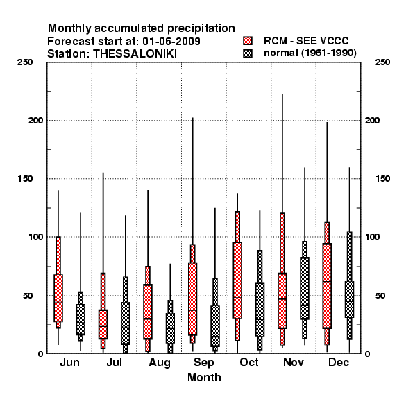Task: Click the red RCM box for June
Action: (x=58, y=298)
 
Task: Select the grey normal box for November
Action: (x=305, y=288)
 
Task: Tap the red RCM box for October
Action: (x=237, y=280)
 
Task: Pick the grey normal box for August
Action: (x=170, y=328)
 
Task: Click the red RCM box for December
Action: (x=327, y=286)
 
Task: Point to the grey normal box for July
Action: (x=126, y=323)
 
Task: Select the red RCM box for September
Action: (x=192, y=299)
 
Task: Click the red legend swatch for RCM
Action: (x=248, y=41)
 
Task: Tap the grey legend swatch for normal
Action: (x=248, y=53)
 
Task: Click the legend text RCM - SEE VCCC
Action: (x=306, y=41)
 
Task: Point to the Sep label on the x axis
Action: (x=203, y=363)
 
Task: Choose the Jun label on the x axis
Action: (x=69, y=363)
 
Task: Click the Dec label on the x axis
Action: (x=339, y=363)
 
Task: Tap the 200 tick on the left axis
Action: (x=35, y=120)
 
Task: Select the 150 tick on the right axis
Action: (x=382, y=179)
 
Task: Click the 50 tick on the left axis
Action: (x=28, y=295)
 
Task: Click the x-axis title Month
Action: (x=204, y=378)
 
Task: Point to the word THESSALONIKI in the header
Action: (x=135, y=54)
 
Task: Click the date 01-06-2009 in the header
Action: (x=171, y=42)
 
